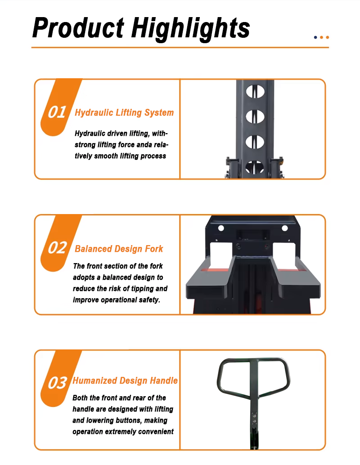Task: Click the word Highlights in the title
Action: (190, 29)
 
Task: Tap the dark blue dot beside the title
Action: (315, 37)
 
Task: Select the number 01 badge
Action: (57, 112)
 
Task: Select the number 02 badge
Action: (57, 248)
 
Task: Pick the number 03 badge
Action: (57, 383)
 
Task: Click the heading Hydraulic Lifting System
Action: (124, 113)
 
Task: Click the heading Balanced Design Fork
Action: (119, 249)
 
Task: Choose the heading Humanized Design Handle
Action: (125, 380)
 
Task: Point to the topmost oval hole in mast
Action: (255, 91)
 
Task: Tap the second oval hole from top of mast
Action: (255, 116)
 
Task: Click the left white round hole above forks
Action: (221, 228)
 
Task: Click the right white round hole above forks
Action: (284, 228)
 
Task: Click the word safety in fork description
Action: (149, 300)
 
